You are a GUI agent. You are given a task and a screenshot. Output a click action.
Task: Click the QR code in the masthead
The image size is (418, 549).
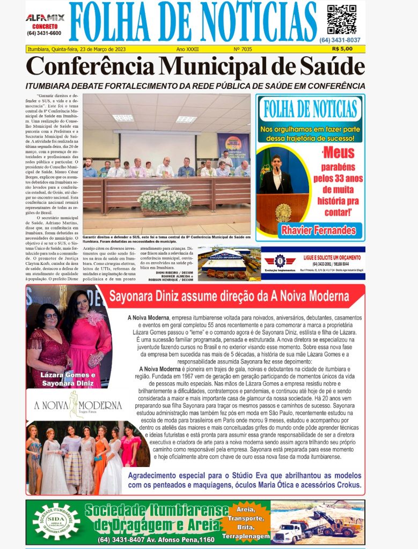[x=341, y=20]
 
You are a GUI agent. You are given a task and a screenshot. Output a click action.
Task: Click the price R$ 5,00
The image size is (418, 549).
[x=342, y=49]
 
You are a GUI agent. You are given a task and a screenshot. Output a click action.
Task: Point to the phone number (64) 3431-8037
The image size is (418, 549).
[x=340, y=40]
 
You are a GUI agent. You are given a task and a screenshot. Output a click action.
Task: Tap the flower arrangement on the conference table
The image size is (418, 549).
[x=165, y=201]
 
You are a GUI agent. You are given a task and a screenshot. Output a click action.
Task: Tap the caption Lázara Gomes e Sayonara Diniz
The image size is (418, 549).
[x=69, y=379]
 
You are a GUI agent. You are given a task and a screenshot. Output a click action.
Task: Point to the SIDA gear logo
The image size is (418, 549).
[x=56, y=521]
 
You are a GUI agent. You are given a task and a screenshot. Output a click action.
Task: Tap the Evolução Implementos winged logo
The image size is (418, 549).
[x=280, y=262]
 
